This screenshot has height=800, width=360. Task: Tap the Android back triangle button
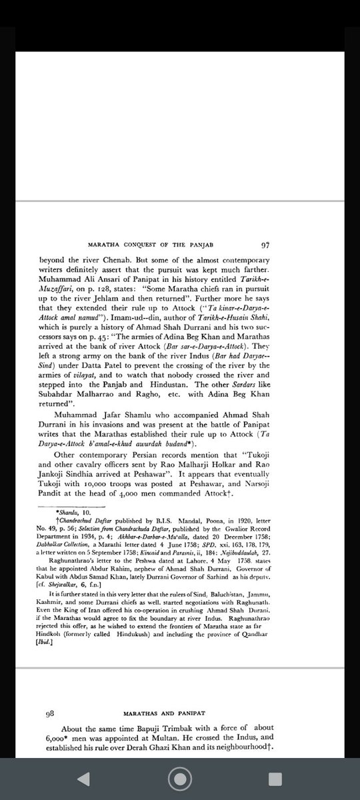point(84,779)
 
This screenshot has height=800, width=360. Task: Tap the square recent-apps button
point(275,779)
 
